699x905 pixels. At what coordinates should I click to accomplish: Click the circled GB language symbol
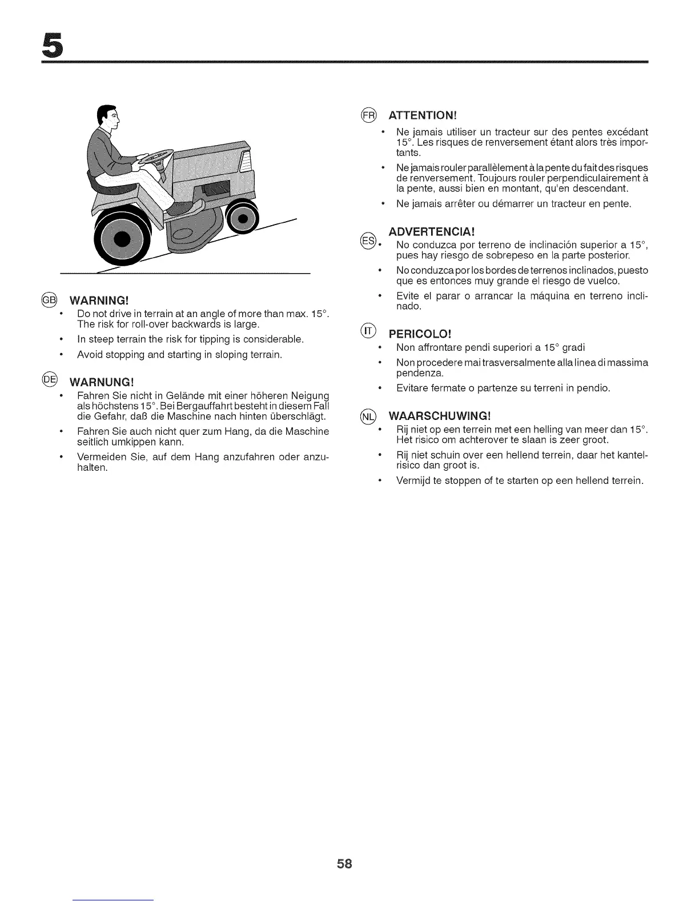pos(49,301)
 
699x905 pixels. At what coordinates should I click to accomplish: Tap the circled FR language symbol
pos(369,115)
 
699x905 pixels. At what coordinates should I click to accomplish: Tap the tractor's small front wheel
pos(243,218)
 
